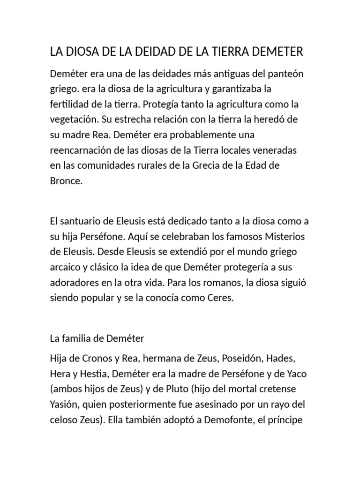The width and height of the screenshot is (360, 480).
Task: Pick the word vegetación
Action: coord(75,119)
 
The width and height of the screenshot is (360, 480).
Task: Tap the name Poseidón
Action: coord(240,358)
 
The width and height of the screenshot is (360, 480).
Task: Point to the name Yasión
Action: coord(64,405)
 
